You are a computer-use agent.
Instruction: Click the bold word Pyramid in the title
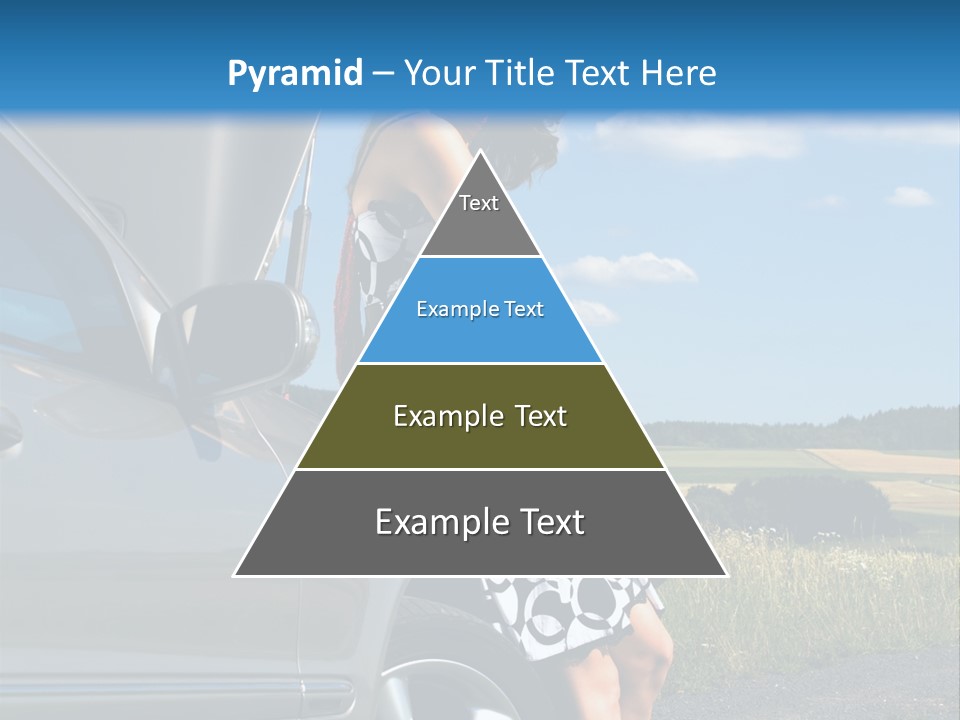[x=294, y=74]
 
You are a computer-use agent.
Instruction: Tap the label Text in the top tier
[x=479, y=203]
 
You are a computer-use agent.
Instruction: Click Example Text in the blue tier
[x=480, y=309]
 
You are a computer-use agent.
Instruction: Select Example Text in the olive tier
[x=480, y=416]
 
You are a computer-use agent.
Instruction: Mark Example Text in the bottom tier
[x=480, y=522]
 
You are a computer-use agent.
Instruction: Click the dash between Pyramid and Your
[x=382, y=74]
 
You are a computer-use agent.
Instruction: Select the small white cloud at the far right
[x=909, y=197]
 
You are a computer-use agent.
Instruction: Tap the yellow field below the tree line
[x=880, y=462]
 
